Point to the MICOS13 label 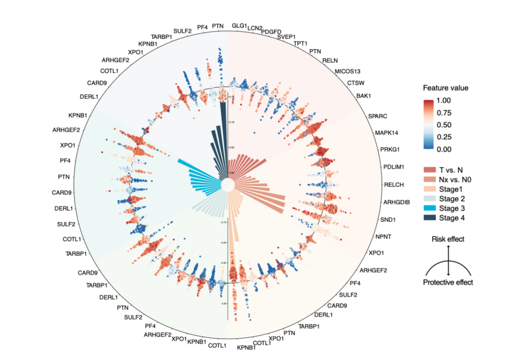coord(347,71)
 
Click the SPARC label coord(378,116)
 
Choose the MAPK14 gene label coord(387,133)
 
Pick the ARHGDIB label coord(396,202)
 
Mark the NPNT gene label coord(384,236)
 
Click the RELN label coord(330,60)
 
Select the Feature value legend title coord(445,88)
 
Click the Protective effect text coord(448,282)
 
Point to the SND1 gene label coord(388,220)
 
